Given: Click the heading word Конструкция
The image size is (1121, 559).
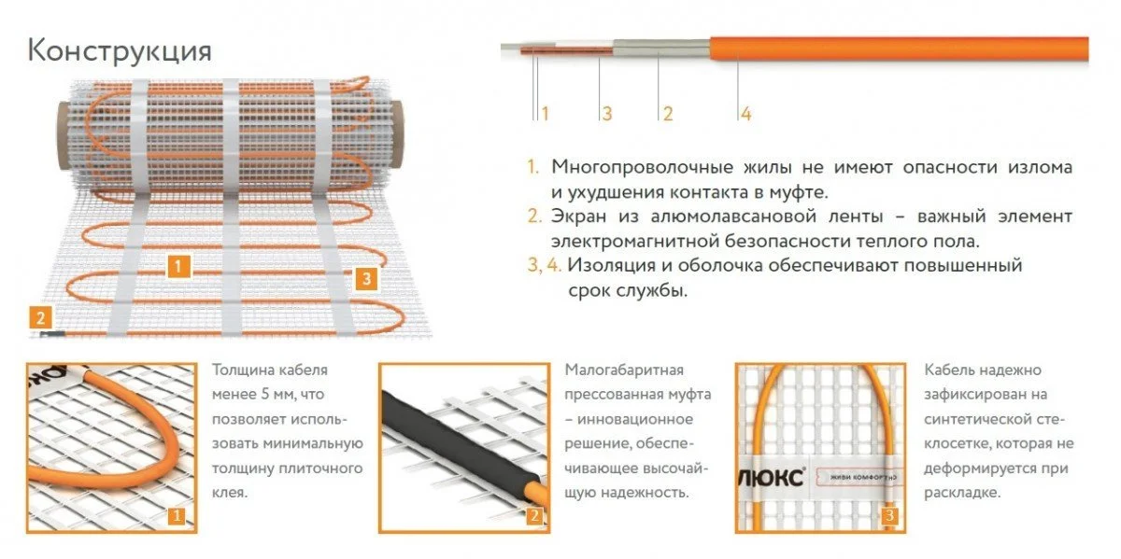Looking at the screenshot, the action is [x=120, y=51].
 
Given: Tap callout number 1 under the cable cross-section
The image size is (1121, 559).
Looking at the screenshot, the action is [x=545, y=114].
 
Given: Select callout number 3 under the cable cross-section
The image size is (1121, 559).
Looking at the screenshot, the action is [x=607, y=114].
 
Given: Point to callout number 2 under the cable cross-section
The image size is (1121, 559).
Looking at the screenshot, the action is [x=668, y=114].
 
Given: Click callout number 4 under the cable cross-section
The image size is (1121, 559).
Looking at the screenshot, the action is [x=745, y=114].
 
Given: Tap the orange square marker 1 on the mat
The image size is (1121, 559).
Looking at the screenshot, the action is [x=178, y=267].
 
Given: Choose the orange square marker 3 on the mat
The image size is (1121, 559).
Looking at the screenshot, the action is [x=366, y=278].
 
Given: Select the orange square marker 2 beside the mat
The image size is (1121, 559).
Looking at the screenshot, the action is [x=40, y=317].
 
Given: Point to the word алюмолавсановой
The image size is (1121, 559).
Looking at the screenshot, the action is [x=733, y=217].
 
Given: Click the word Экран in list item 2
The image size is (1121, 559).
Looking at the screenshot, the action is [x=578, y=217].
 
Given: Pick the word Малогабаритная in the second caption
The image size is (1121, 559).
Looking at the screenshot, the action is [x=624, y=370].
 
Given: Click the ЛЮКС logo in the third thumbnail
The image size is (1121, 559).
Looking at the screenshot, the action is [x=773, y=478].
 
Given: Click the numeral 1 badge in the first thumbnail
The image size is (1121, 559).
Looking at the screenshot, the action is [x=177, y=515].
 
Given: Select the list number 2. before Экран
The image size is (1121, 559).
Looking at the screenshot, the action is [x=534, y=216].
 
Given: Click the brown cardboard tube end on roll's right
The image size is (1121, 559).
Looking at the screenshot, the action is [x=395, y=135].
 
